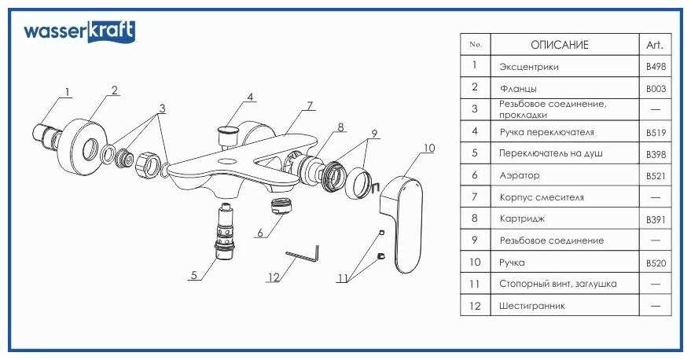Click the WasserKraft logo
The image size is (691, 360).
click(x=79, y=31)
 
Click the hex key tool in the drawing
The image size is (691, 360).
click(x=303, y=255)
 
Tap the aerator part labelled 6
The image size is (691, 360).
click(x=279, y=206)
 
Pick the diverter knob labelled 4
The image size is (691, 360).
click(x=230, y=131)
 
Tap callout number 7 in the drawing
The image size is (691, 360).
click(x=311, y=105)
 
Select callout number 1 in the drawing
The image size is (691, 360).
click(x=67, y=92)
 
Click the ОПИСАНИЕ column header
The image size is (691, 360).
click(x=559, y=45)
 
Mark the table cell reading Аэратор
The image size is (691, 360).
click(x=519, y=176)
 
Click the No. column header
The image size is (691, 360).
click(x=475, y=45)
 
